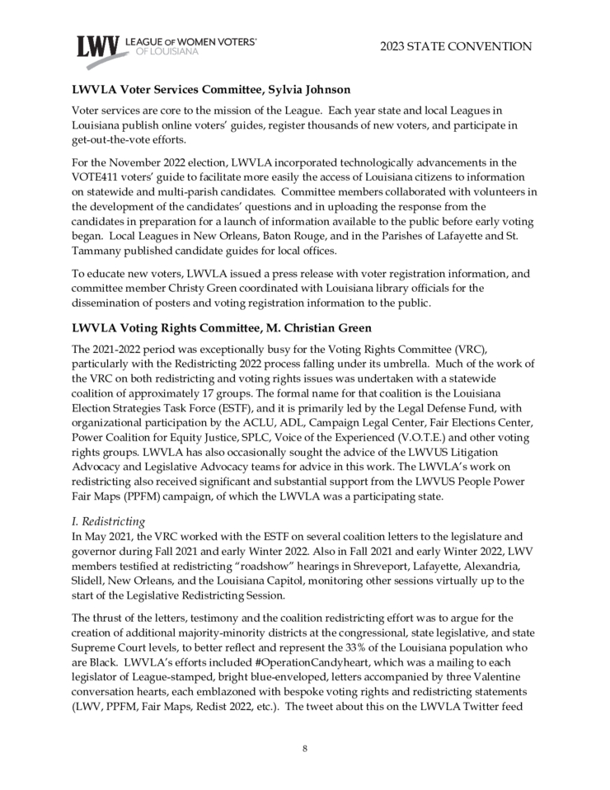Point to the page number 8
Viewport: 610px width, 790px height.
coord(304,748)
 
